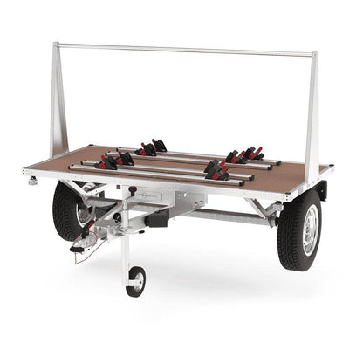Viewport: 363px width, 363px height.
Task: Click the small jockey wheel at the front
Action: tap(136, 281)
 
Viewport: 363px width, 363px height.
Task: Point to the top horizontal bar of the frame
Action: tap(183, 50)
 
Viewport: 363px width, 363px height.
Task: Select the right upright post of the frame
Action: tap(313, 109)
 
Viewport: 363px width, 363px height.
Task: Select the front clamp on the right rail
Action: tap(216, 171)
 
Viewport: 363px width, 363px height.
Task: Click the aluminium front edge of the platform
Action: tap(157, 190)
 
